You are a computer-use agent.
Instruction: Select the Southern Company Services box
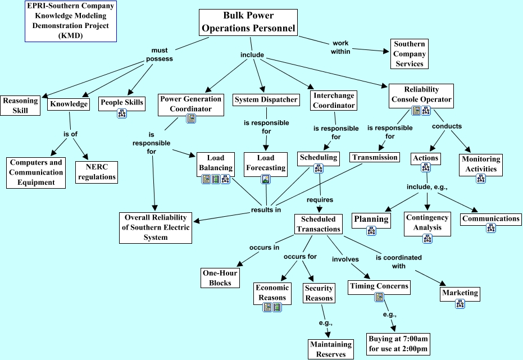click(410, 54)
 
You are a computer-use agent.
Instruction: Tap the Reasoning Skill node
click(20, 106)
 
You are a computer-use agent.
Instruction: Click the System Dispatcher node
click(266, 100)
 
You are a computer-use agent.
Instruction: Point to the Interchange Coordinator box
click(334, 101)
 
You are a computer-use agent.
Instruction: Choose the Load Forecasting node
click(266, 163)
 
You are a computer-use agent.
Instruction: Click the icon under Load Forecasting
click(266, 180)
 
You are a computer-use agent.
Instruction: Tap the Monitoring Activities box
click(480, 163)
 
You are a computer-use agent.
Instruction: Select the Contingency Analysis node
click(427, 222)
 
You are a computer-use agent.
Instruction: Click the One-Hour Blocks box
click(220, 277)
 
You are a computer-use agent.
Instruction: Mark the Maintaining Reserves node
click(330, 349)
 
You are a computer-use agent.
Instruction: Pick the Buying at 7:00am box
click(398, 344)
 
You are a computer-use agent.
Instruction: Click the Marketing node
click(460, 293)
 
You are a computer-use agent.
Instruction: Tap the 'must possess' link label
click(159, 54)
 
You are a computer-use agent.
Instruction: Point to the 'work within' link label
click(340, 47)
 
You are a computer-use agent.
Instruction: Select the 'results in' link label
click(266, 210)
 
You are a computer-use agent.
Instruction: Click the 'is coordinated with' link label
click(399, 262)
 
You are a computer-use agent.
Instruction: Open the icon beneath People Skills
click(122, 114)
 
